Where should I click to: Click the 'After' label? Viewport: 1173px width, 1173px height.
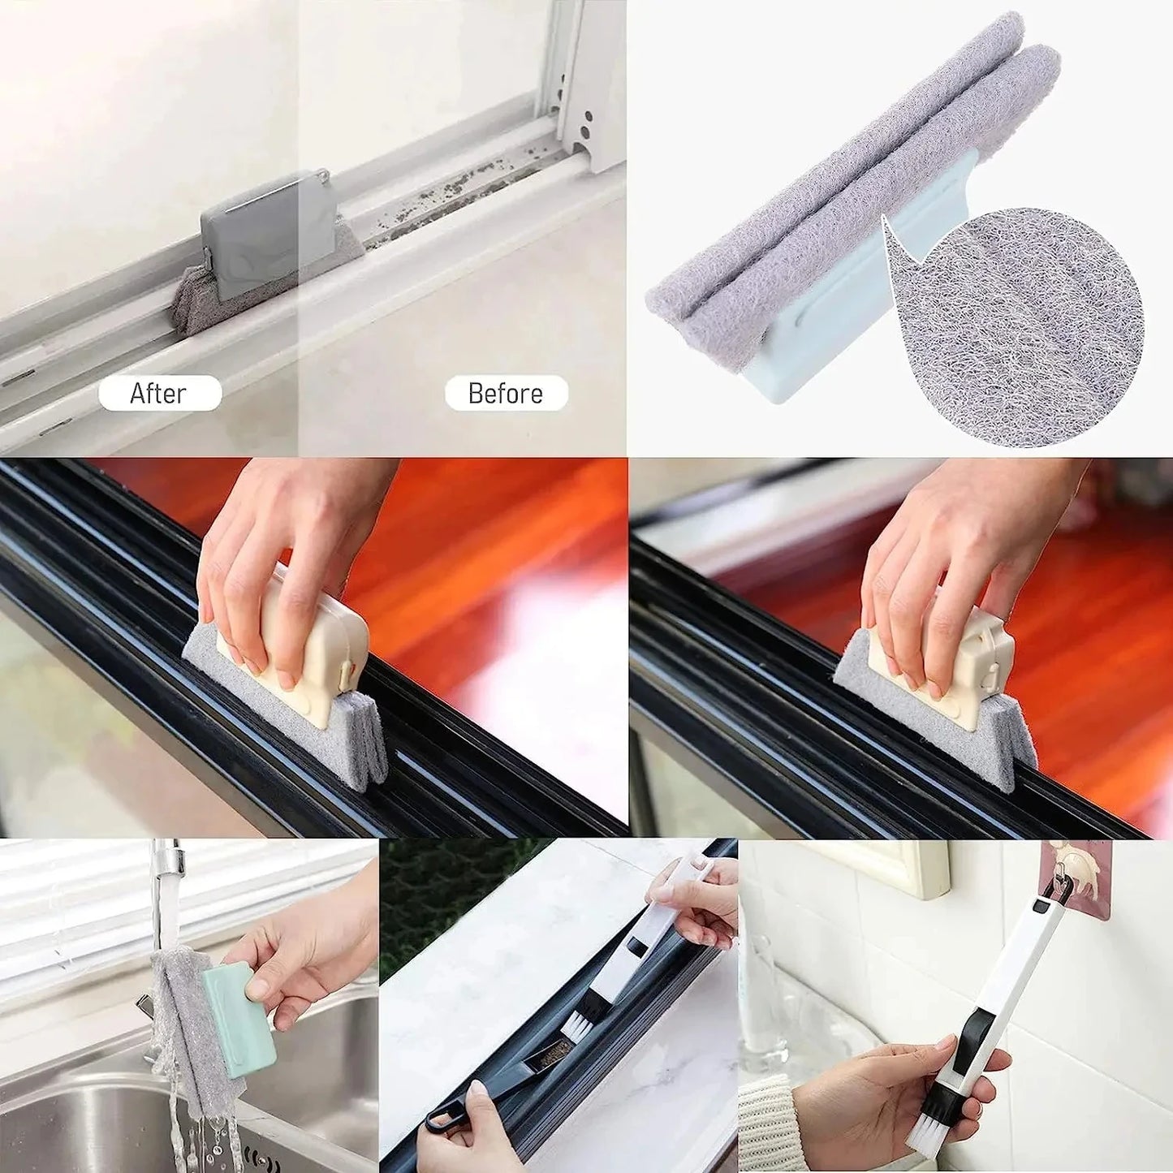coord(159,394)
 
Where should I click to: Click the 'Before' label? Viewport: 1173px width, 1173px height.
coord(505,394)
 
